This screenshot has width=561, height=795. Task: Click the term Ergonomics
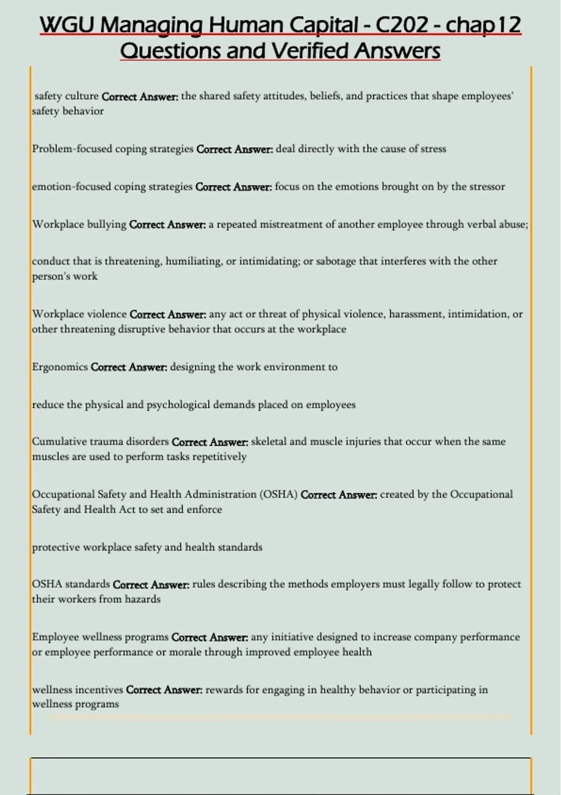point(60,367)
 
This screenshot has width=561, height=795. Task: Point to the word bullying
point(107,224)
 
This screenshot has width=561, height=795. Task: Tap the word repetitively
point(219,457)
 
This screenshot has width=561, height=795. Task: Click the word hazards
point(143,600)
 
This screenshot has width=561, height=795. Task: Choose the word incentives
point(99,690)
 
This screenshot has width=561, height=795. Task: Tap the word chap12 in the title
point(483,25)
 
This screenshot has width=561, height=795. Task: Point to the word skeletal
point(268,441)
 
